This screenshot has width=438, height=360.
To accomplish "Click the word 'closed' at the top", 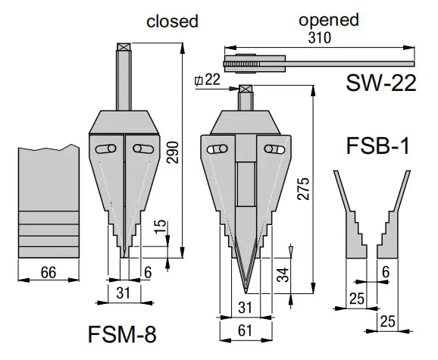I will coord(172,21).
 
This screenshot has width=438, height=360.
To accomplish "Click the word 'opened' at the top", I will coord(328,20).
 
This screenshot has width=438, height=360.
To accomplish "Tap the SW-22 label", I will coord(381,82).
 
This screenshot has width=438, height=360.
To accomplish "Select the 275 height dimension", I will coord(304,193).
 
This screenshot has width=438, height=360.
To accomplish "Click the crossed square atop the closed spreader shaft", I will coord(124,47).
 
